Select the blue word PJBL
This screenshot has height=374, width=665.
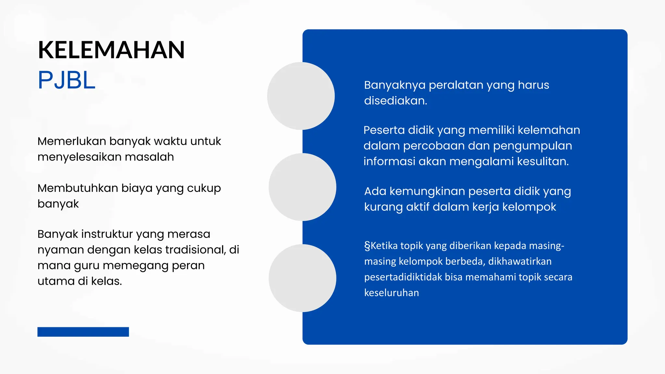click(67, 80)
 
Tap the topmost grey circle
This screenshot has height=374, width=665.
click(301, 96)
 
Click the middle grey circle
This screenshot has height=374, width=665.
click(302, 187)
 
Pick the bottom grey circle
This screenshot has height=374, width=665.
click(302, 278)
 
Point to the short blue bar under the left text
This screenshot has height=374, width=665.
click(83, 332)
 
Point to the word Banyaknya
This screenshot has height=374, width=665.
click(395, 85)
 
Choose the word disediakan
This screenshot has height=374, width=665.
click(395, 101)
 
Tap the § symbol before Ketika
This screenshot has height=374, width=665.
click(367, 246)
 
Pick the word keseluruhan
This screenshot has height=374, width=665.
click(391, 293)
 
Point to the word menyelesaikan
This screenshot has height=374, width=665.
click(79, 157)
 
